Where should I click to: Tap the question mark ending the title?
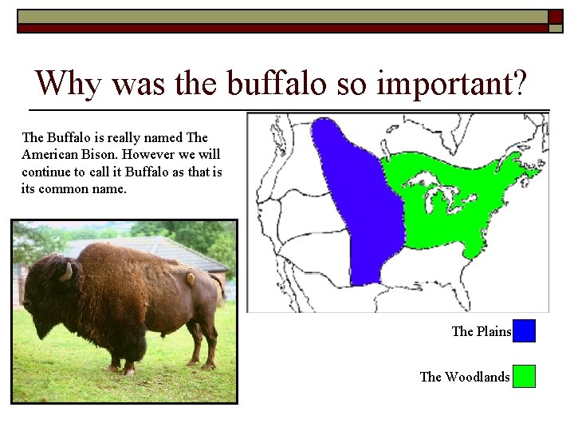pyautogui.click(x=518, y=83)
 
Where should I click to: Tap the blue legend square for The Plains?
pyautogui.click(x=524, y=331)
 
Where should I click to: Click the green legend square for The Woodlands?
pyautogui.click(x=524, y=376)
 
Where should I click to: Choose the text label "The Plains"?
pyautogui.click(x=482, y=331)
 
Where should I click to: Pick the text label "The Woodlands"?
pyautogui.click(x=465, y=377)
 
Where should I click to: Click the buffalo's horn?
pyautogui.click(x=67, y=273)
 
